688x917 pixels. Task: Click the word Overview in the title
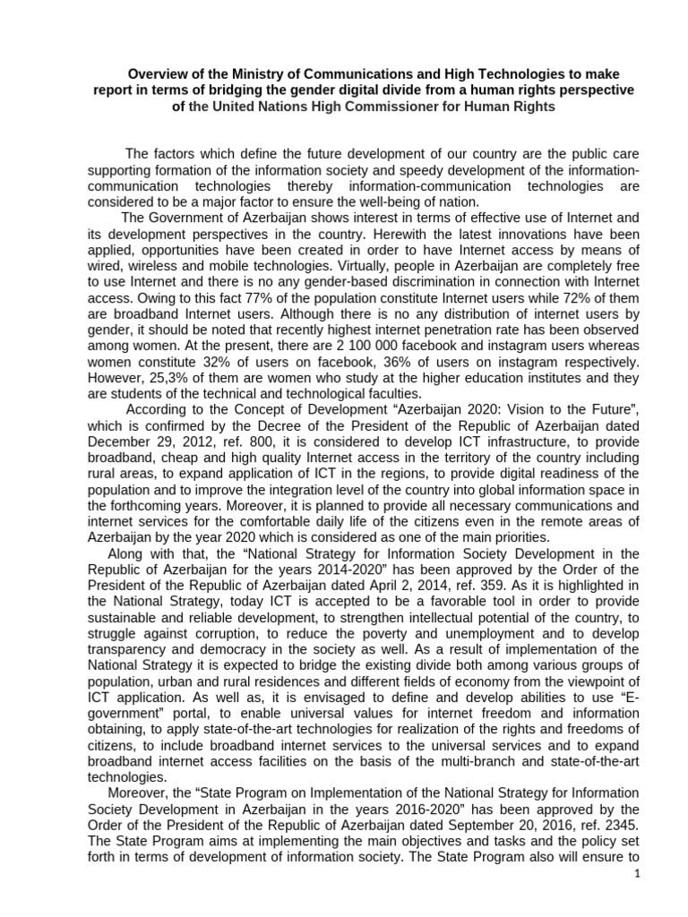pyautogui.click(x=158, y=74)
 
